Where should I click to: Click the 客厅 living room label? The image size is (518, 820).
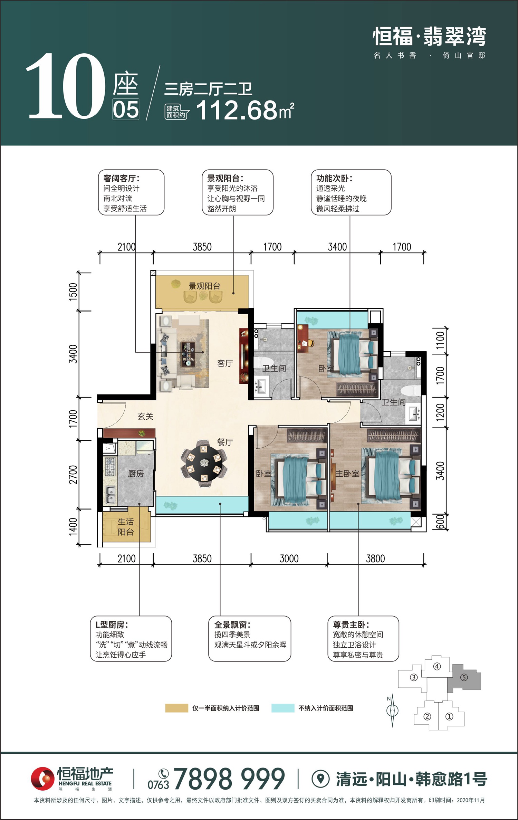point(225,363)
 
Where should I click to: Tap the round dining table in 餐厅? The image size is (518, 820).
point(204,463)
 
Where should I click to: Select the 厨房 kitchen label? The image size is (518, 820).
point(136,474)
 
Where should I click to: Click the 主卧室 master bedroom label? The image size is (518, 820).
point(347,474)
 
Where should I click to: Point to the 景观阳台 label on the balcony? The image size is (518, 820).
point(204,286)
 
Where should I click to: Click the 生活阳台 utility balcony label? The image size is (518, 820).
point(126,527)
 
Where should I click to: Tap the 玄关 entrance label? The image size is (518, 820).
point(145,416)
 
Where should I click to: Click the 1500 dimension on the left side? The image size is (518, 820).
point(73,292)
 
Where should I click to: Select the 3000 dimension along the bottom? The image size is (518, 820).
point(289,559)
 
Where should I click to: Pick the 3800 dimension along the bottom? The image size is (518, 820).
point(375,559)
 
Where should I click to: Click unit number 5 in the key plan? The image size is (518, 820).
point(464,677)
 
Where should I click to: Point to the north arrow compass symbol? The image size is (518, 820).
point(392,711)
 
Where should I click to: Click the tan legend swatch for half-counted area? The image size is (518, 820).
point(176,708)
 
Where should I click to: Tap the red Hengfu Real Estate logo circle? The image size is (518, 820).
point(42,779)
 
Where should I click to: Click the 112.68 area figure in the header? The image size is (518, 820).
point(237,111)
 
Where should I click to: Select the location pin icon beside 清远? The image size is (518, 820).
point(321,779)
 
